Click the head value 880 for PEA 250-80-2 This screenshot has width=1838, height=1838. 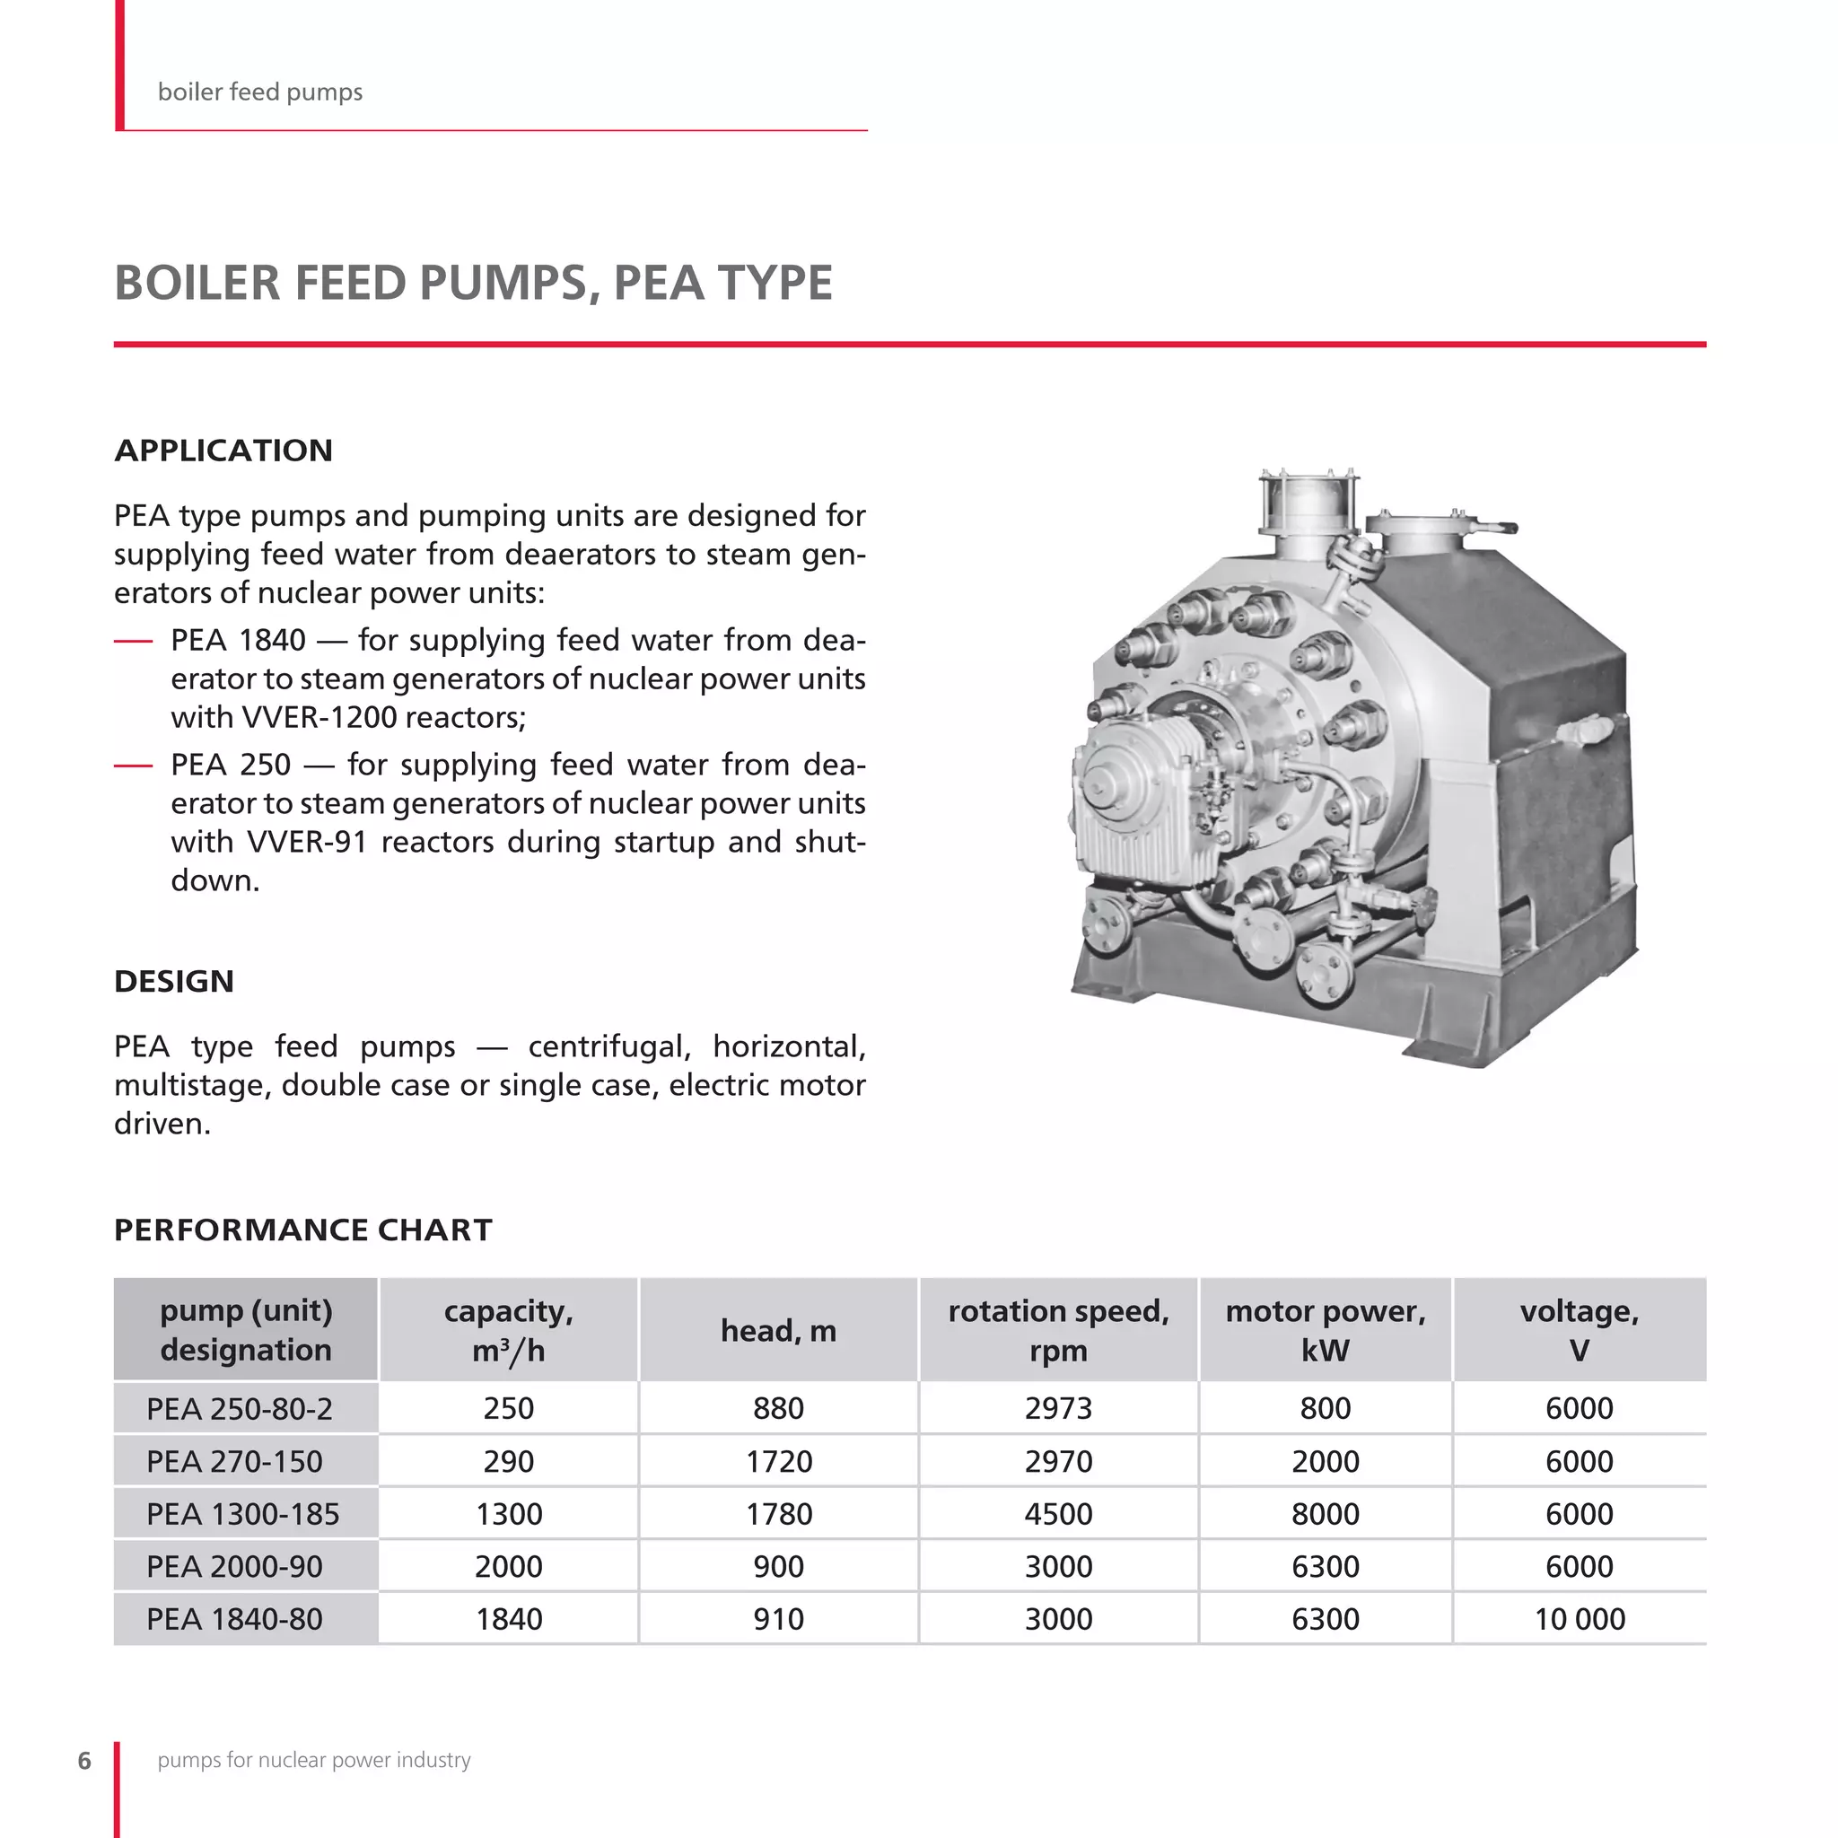point(778,1408)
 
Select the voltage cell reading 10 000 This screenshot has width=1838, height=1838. point(1580,1618)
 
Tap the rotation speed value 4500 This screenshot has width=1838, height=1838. point(1058,1514)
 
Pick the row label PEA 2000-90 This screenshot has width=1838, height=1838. point(234,1566)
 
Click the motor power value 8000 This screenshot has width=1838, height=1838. point(1326,1514)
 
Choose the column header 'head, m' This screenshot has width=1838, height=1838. point(778,1330)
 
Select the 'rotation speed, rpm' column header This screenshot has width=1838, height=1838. point(1058,1330)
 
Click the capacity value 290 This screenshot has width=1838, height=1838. point(508,1461)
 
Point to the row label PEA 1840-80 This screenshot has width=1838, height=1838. point(234,1618)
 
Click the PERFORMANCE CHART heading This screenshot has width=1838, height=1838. point(302,1230)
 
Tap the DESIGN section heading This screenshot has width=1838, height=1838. point(173,981)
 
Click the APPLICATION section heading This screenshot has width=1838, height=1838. point(223,450)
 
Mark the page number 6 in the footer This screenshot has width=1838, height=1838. point(84,1760)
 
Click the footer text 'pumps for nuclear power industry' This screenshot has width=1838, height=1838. point(314,1760)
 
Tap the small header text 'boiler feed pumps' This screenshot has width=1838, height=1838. point(259,92)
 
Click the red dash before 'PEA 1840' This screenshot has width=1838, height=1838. point(133,641)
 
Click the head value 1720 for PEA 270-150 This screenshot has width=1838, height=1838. point(778,1461)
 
